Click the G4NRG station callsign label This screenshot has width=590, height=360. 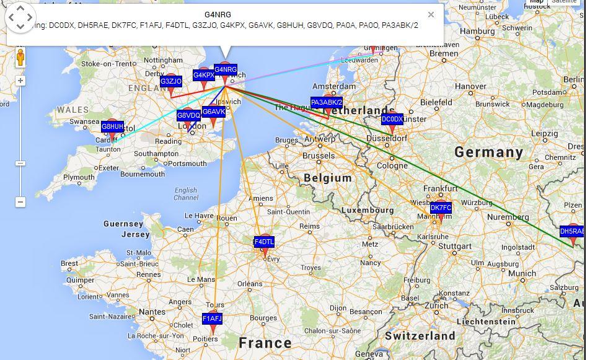(x=226, y=69)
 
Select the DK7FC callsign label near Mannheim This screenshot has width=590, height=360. (x=441, y=208)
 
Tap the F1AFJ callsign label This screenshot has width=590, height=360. (x=212, y=318)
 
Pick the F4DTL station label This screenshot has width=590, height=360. (x=264, y=242)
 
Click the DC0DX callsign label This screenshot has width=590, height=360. (x=392, y=119)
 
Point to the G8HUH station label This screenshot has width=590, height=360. (x=112, y=126)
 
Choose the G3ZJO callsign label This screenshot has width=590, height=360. (x=171, y=81)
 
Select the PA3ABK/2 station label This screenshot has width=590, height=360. (x=327, y=102)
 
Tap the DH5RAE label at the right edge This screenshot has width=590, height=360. (x=571, y=231)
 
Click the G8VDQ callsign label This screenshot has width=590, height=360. (x=188, y=115)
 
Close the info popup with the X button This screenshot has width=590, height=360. (x=431, y=15)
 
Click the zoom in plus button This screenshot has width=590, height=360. (x=20, y=81)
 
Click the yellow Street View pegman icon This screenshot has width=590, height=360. (x=20, y=58)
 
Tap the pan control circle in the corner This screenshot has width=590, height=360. (x=20, y=17)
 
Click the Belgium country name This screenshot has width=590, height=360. (x=328, y=178)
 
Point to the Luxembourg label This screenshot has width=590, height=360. (x=364, y=210)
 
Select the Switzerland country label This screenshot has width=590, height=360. (x=420, y=336)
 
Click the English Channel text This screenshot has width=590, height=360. (x=186, y=194)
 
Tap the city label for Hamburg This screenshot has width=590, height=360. (x=477, y=31)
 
